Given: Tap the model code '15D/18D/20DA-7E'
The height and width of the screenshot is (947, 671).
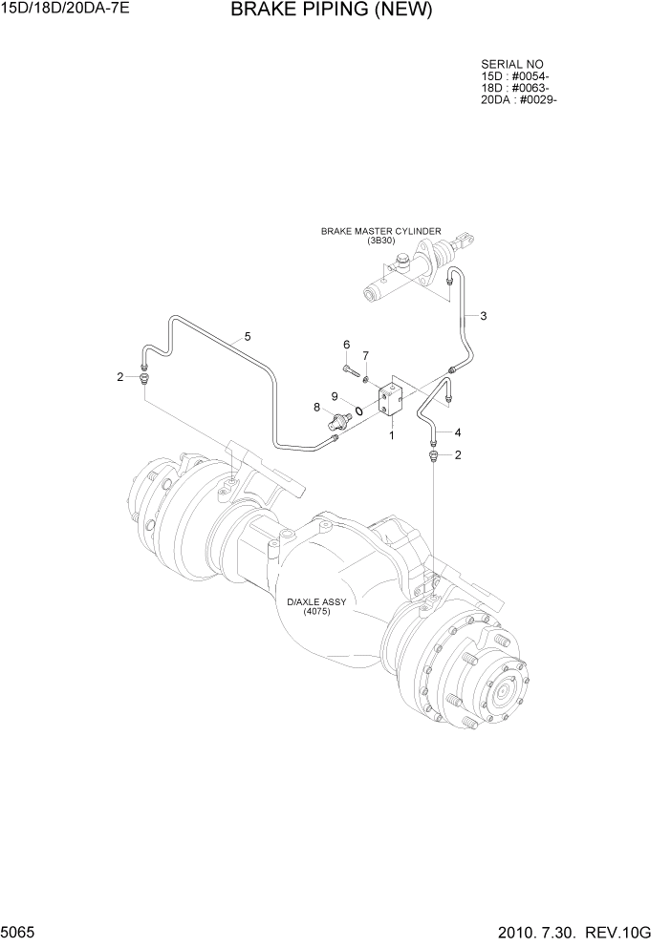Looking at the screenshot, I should click(59, 11).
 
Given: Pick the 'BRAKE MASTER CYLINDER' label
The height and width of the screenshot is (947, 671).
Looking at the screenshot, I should click(380, 231).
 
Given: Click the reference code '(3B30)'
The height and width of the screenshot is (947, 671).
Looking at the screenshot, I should click(380, 241).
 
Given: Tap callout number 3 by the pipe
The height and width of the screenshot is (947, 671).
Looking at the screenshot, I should click(484, 316).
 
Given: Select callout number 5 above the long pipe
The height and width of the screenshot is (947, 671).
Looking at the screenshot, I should click(248, 336).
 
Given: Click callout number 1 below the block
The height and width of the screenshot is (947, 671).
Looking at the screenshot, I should click(391, 435).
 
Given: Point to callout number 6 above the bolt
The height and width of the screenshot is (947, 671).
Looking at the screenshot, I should click(347, 345).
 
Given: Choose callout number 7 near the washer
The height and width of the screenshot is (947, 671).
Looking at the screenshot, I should click(364, 356).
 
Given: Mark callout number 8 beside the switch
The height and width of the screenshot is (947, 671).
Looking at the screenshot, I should click(316, 408).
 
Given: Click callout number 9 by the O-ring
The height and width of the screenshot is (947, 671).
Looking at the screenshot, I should click(335, 396).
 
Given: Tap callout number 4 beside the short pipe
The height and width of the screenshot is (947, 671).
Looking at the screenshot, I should click(458, 431).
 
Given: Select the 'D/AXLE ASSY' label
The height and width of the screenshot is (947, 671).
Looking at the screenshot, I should click(316, 602).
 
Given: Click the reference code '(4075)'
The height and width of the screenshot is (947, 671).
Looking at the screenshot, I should click(316, 612).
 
